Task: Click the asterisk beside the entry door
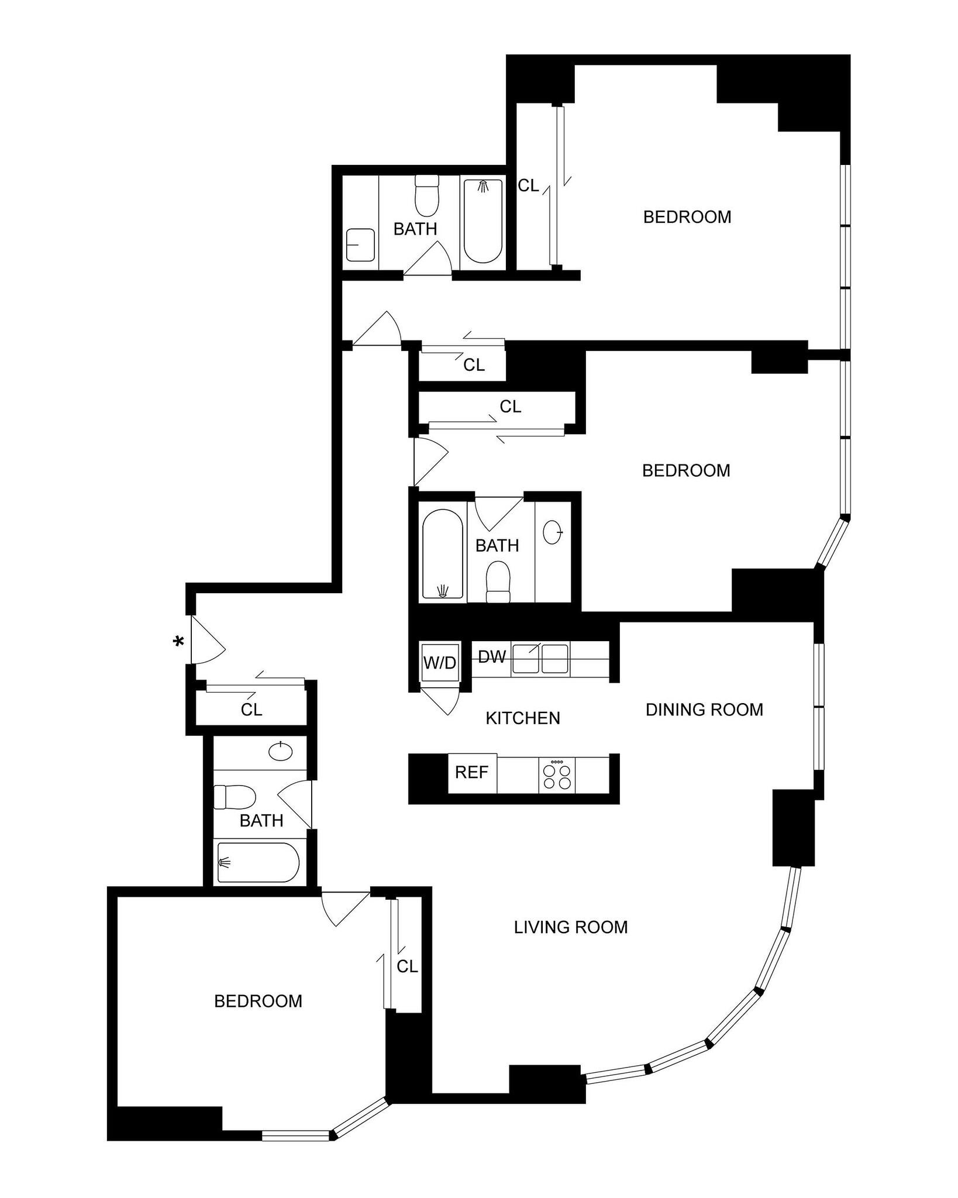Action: point(178,642)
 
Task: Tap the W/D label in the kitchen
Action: point(439,663)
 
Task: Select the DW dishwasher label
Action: point(491,657)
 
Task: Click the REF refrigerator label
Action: point(471,773)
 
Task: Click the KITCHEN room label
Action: point(523,718)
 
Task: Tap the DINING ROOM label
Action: point(704,710)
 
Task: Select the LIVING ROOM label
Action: point(571,927)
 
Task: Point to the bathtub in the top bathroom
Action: point(483,221)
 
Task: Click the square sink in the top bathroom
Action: point(360,245)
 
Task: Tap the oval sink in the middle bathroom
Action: point(553,532)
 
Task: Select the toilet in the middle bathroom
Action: point(498,581)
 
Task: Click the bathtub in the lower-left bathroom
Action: point(258,862)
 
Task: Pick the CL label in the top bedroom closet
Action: point(528,186)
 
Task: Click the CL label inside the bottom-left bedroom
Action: point(407,967)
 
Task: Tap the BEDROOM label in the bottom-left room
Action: point(258,1001)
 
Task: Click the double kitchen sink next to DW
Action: point(540,659)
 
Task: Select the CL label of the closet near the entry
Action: point(251,710)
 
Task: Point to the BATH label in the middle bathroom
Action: point(497,546)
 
